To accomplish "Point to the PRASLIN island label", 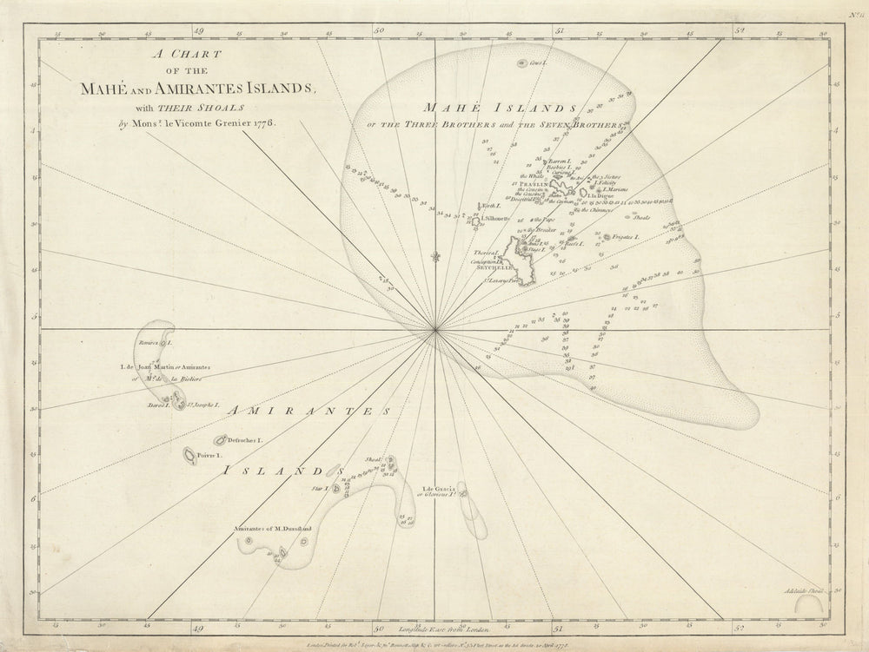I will [531, 184].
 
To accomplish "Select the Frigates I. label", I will [624, 237].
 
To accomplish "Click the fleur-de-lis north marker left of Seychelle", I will [435, 256].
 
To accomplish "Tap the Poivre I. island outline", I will [189, 454].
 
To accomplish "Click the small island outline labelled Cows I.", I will [536, 63].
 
